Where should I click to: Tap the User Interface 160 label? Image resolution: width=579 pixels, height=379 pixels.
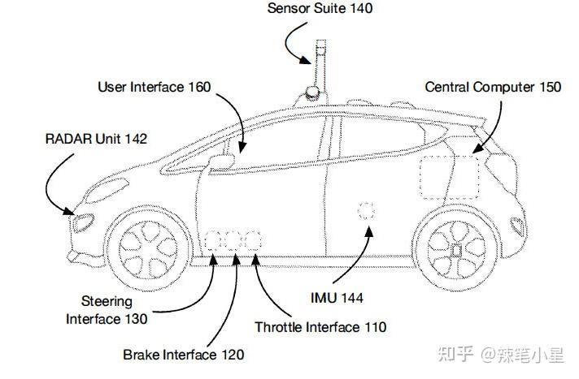(154, 86)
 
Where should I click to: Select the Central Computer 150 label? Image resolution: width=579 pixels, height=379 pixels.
(493, 87)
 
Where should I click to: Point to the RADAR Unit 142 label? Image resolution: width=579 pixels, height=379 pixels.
(95, 139)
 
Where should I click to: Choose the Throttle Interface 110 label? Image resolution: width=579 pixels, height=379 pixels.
(320, 327)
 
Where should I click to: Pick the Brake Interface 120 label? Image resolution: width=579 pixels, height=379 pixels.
(184, 354)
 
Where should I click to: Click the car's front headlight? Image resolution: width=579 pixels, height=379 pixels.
(85, 222)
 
